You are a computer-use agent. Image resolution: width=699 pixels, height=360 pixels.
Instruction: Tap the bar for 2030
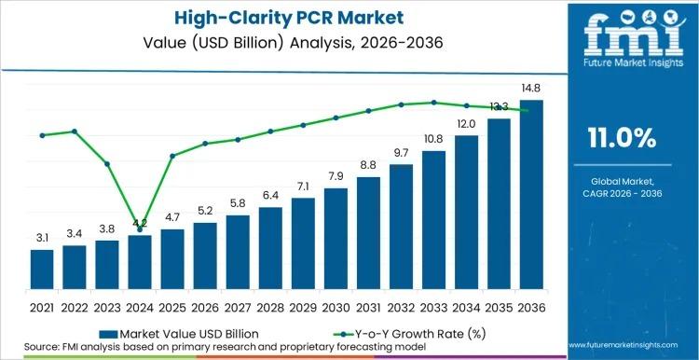tap(336, 237)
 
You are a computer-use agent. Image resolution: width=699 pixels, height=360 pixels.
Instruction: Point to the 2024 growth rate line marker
tap(140, 228)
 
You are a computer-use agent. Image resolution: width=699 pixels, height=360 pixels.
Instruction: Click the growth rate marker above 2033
tap(433, 103)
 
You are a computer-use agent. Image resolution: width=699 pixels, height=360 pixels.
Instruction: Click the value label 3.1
tap(42, 239)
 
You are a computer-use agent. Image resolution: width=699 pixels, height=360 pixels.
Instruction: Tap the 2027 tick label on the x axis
tap(238, 306)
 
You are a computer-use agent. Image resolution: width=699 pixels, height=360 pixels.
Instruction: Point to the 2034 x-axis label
tap(466, 306)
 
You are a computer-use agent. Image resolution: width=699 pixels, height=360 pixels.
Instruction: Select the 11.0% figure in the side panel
tap(622, 139)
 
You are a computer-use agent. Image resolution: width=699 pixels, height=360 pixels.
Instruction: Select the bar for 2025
tap(172, 257)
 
